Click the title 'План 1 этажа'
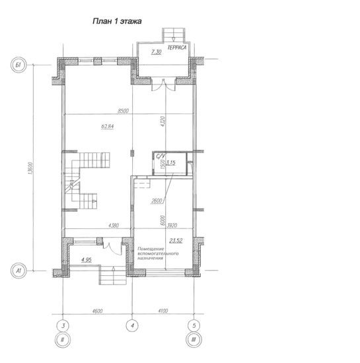[117, 21]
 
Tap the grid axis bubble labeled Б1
[18, 65]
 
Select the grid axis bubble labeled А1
[18, 271]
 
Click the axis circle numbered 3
[63, 326]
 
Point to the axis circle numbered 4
[132, 325]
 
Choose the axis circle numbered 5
[194, 325]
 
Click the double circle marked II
[63, 340]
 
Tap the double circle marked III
[194, 340]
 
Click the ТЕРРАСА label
[177, 48]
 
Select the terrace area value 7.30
[156, 52]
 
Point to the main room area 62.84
[108, 127]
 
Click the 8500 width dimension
[123, 111]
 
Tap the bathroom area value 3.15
[171, 162]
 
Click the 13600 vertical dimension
[30, 168]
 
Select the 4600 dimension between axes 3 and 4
[97, 311]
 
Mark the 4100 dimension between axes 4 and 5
[163, 311]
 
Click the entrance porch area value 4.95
[87, 260]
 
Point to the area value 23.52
[176, 241]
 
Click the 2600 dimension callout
[157, 201]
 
